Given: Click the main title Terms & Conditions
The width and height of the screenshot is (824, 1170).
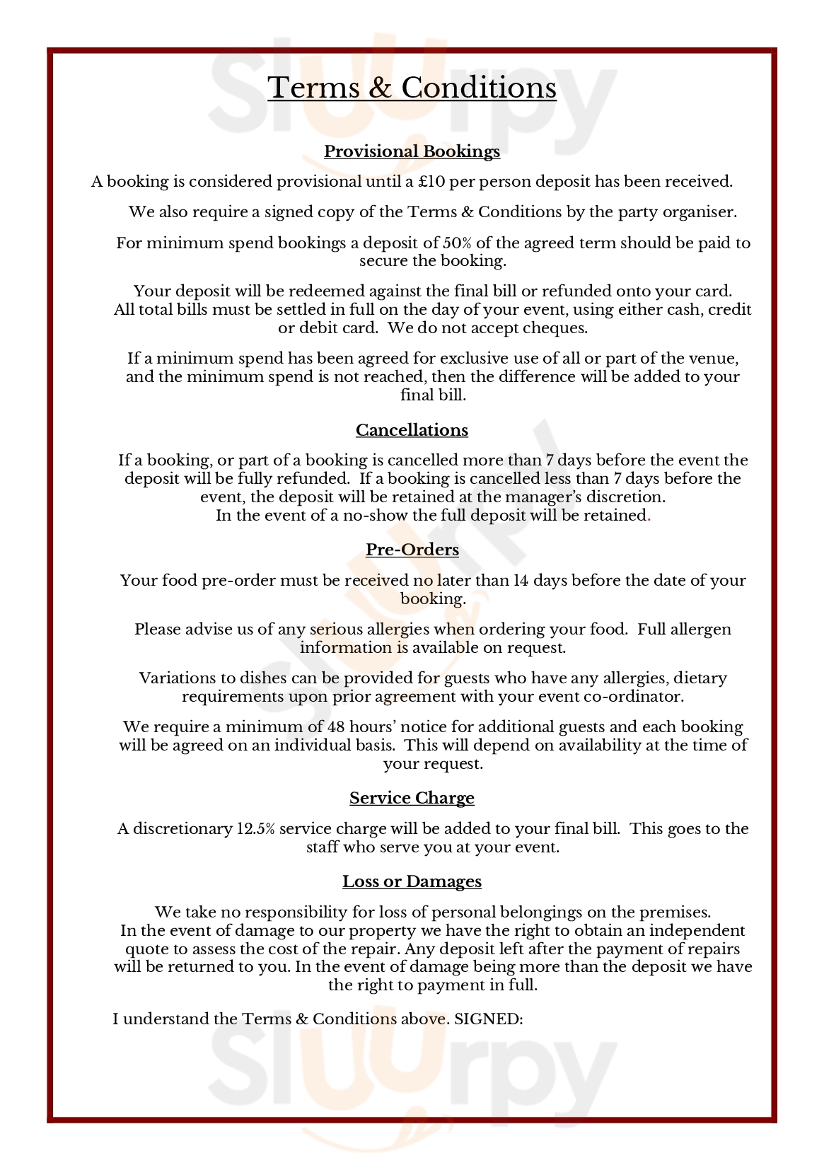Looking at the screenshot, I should click(x=412, y=88).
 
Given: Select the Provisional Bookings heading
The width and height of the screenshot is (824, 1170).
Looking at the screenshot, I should click(x=412, y=151).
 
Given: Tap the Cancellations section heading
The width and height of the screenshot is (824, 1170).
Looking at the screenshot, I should click(x=412, y=430).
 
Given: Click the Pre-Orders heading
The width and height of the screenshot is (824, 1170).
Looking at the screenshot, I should click(x=412, y=550).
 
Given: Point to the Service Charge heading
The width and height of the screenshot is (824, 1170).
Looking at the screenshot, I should click(x=412, y=798).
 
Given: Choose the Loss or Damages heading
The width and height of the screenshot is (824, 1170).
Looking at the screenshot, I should click(x=412, y=881).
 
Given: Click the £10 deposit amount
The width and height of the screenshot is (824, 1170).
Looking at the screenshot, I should click(x=431, y=182).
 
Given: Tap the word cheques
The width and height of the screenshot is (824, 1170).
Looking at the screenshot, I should click(x=555, y=328).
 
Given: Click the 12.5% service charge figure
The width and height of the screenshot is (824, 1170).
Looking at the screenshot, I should click(x=255, y=829).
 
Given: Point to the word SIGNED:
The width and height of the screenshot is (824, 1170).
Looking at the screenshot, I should click(x=488, y=1019).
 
